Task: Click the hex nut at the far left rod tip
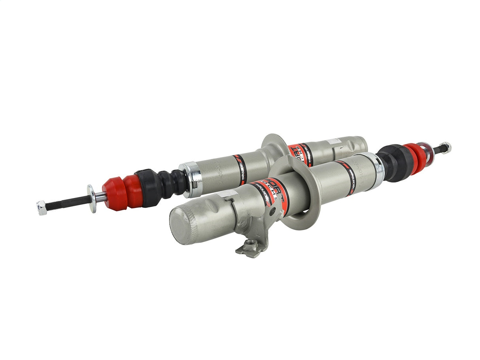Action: click(42, 208)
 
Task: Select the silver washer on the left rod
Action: click(92, 198)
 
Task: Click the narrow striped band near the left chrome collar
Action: click(240, 169)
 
